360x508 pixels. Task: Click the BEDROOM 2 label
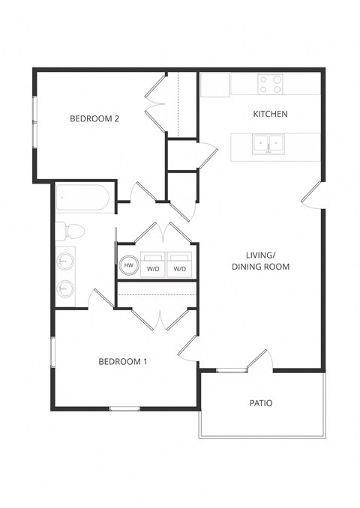pyautogui.click(x=95, y=118)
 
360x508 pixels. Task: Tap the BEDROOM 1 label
pyautogui.click(x=123, y=362)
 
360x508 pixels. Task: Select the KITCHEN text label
pyautogui.click(x=270, y=114)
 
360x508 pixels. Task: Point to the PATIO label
pyautogui.click(x=261, y=403)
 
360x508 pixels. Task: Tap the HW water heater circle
pyautogui.click(x=128, y=265)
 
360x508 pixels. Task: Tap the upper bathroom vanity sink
pyautogui.click(x=66, y=261)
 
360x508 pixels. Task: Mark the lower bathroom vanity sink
pyautogui.click(x=66, y=288)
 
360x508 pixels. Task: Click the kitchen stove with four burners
pyautogui.click(x=270, y=84)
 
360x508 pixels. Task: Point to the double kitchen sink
pyautogui.click(x=268, y=143)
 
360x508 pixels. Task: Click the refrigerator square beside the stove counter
pyautogui.click(x=215, y=85)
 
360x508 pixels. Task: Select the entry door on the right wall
pyautogui.click(x=313, y=196)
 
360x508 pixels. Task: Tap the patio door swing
pyautogui.click(x=259, y=360)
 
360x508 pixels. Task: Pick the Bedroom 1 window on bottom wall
pyautogui.click(x=125, y=408)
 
